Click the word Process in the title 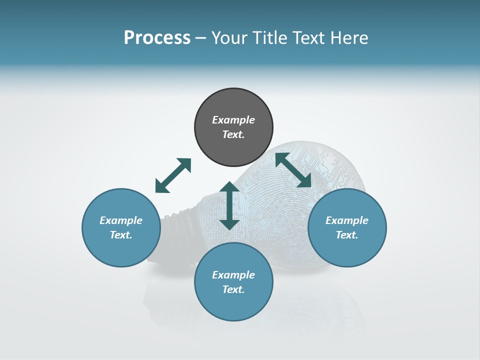coord(157,38)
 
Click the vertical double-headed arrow coord(229,206)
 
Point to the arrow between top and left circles coord(173,175)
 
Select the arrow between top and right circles coord(293,170)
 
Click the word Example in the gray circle coord(233,120)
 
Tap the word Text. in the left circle coord(121,235)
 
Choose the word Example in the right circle coord(347,220)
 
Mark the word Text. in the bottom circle coord(233,289)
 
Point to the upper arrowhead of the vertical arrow coord(229,188)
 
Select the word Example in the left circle coord(121,220)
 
